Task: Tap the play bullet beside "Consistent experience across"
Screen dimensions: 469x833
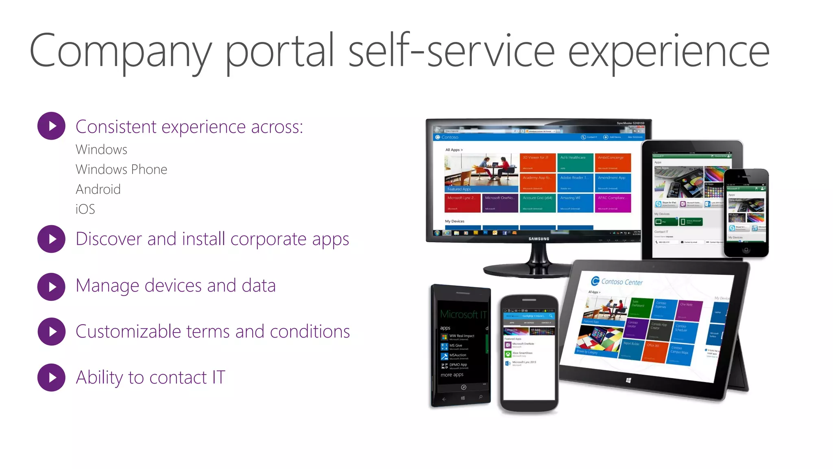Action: tap(51, 126)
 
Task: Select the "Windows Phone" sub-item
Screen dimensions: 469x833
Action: tap(121, 169)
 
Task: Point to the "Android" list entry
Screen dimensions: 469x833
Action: tap(98, 189)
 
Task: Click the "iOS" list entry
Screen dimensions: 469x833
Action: tap(85, 209)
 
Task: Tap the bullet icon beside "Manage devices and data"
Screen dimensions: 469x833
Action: tap(51, 287)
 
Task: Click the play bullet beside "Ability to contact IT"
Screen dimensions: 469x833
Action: tap(51, 377)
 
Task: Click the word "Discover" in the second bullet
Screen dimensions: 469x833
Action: tap(109, 239)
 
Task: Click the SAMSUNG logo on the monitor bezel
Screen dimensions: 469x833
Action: tap(539, 239)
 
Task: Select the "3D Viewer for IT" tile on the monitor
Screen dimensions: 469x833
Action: tap(537, 162)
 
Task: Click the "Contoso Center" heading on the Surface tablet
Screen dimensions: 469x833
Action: tap(621, 282)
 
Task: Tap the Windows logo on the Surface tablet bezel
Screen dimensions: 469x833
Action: tap(628, 380)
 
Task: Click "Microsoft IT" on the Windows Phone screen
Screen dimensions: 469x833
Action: tap(463, 314)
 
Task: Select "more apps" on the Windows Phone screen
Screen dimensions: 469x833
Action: tap(452, 375)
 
